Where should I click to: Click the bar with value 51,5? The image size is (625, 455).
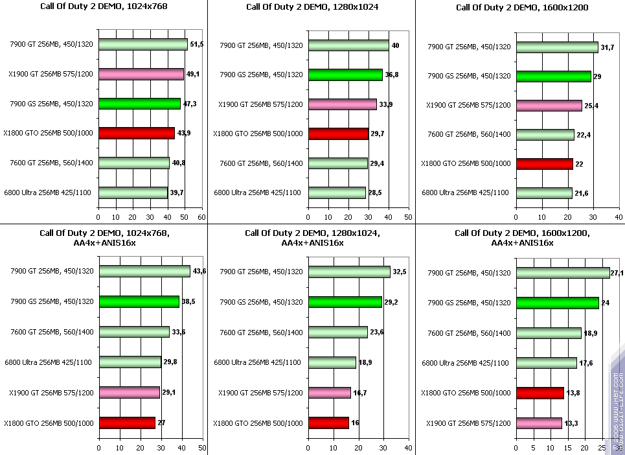[x=142, y=45]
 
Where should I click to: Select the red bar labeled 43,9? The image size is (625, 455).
[x=136, y=133]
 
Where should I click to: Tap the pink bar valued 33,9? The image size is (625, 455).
[x=342, y=104]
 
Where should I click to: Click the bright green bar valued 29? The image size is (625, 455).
[x=553, y=76]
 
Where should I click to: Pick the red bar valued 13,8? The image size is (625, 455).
[x=540, y=392]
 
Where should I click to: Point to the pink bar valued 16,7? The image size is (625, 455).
[x=329, y=392]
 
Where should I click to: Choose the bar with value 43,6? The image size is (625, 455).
[x=144, y=272]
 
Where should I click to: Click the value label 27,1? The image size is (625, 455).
[x=617, y=273]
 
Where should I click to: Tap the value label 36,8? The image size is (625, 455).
[x=392, y=75]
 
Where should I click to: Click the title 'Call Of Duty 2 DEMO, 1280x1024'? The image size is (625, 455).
[x=312, y=7]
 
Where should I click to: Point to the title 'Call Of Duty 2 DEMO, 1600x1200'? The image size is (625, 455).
[x=520, y=8]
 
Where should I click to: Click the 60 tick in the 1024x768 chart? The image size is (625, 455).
[x=202, y=217]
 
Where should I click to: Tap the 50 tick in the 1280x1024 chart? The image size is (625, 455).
[x=408, y=217]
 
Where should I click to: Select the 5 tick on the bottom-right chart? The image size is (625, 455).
[x=533, y=447]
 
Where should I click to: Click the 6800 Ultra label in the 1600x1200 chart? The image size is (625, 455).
[x=465, y=192]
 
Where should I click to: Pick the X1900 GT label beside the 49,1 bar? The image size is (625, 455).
[x=51, y=74]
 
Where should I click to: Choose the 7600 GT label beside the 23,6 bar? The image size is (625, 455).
[x=261, y=332]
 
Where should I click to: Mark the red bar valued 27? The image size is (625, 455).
[x=126, y=423]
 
